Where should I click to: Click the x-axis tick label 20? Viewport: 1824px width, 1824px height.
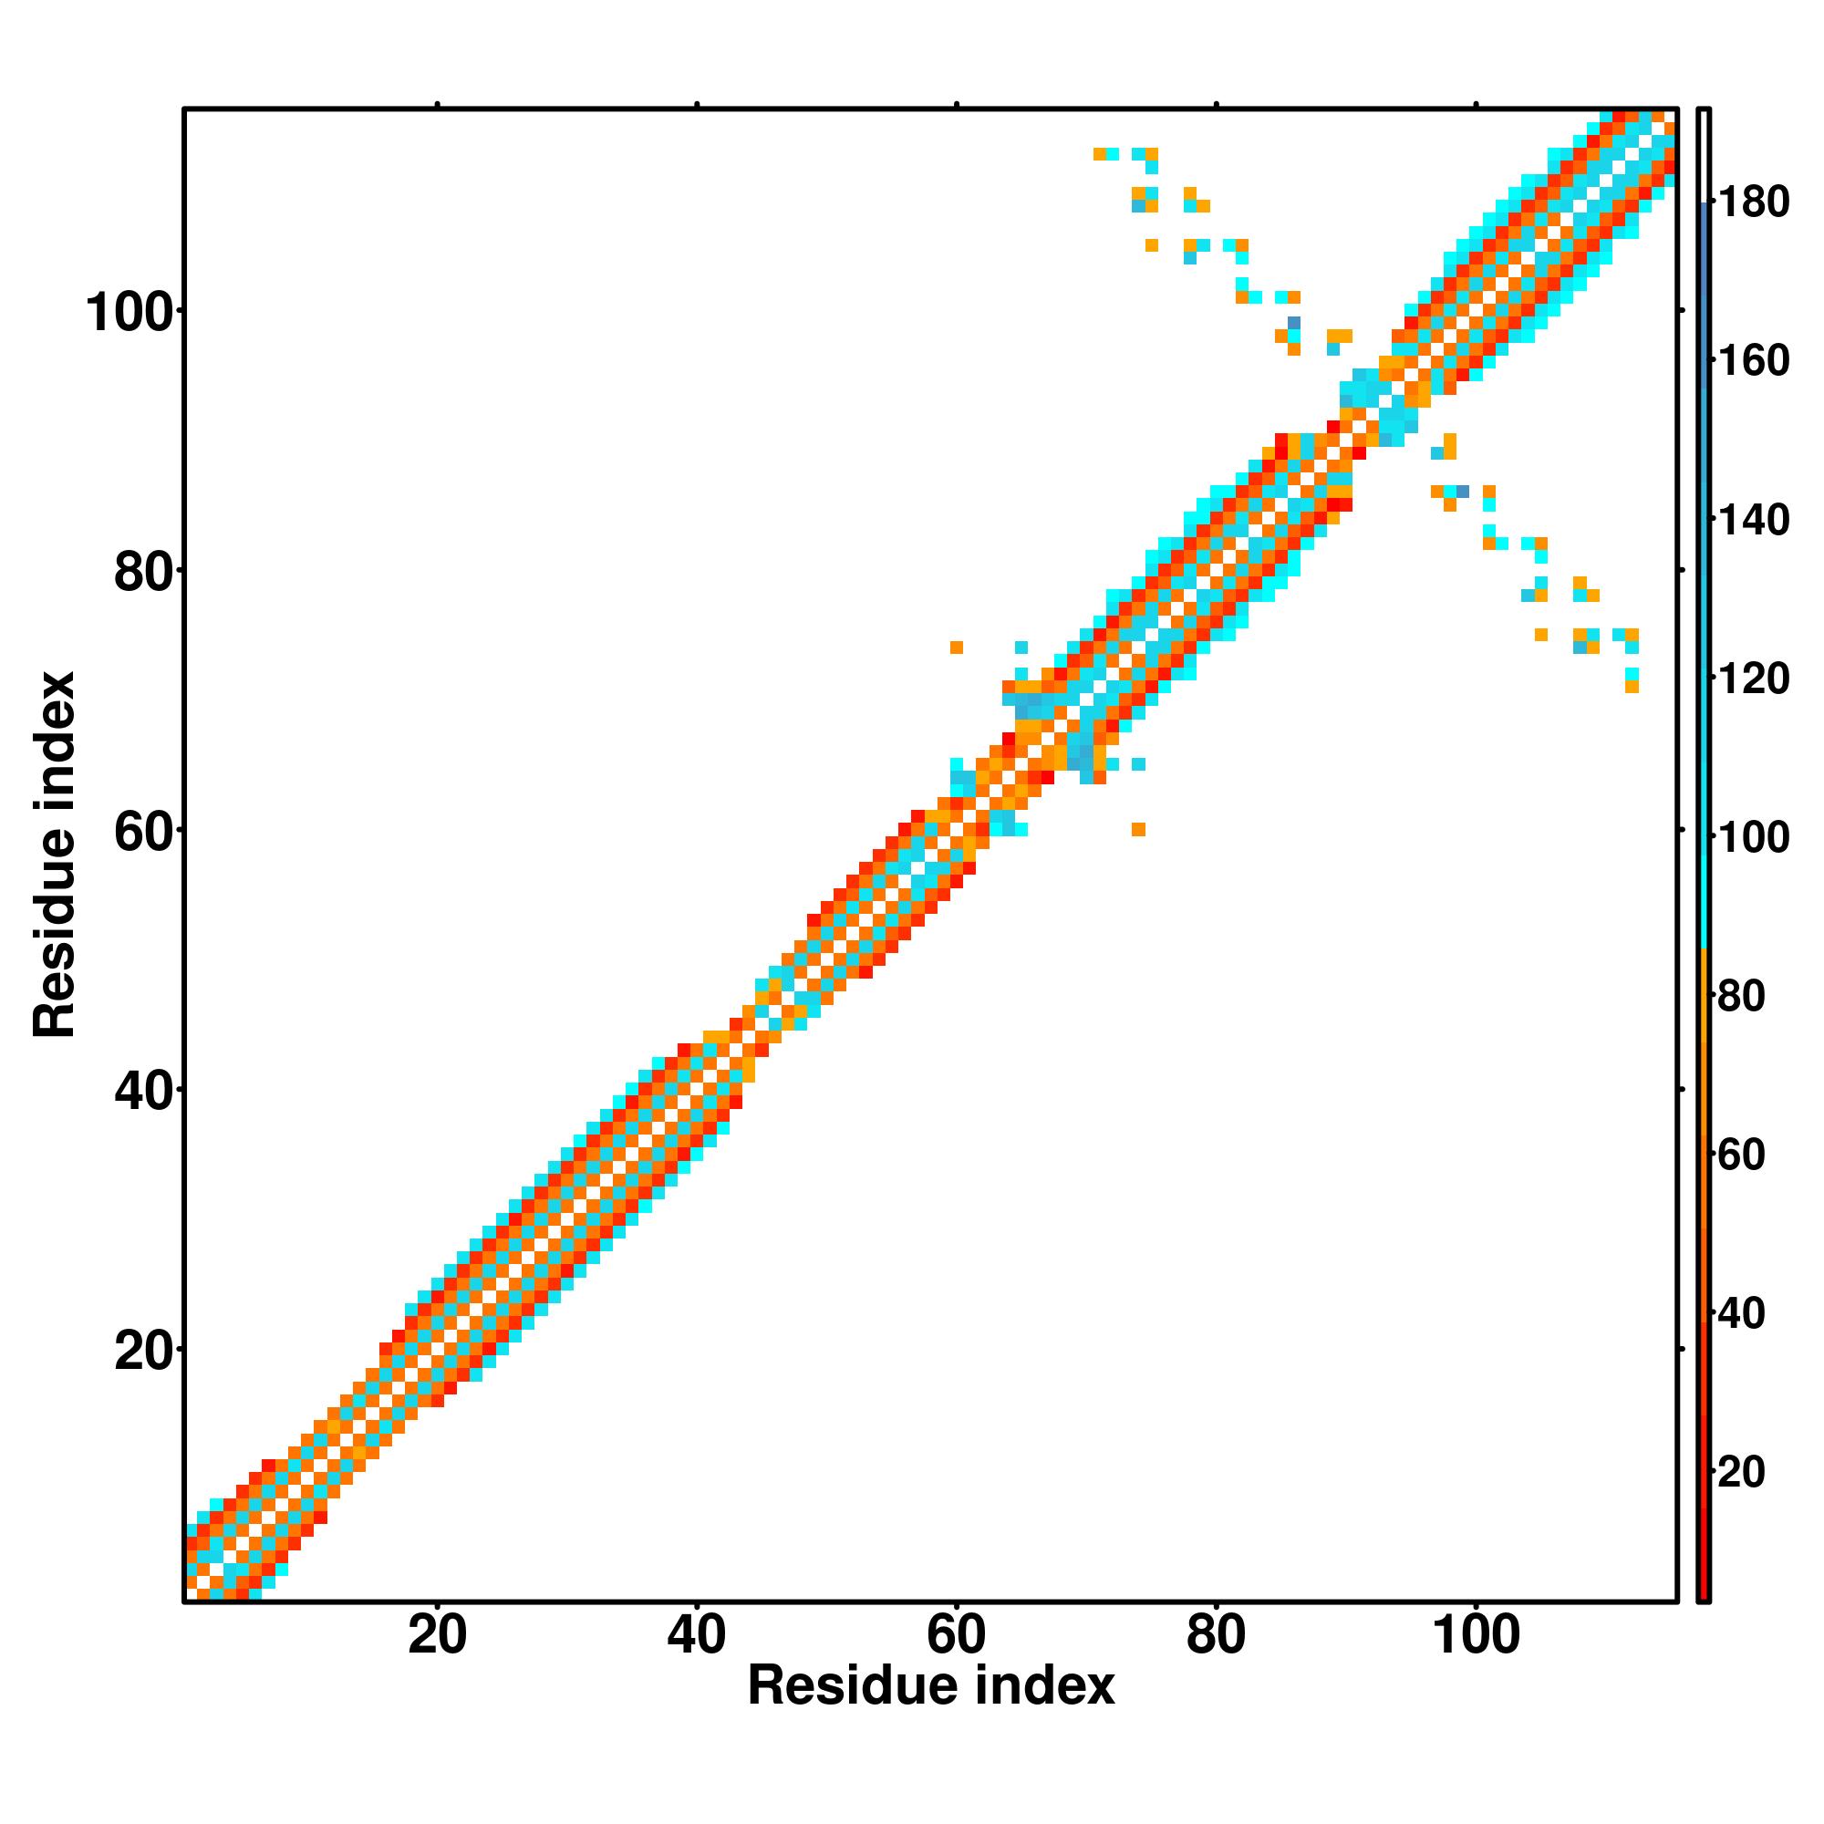(437, 1635)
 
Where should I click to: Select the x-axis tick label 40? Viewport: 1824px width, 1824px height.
(697, 1635)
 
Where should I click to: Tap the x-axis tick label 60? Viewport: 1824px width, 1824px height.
(957, 1635)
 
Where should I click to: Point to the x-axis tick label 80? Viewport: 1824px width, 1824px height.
(1216, 1635)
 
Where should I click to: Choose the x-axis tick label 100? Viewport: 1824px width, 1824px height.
(1476, 1635)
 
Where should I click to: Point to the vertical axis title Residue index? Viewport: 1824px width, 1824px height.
(54, 855)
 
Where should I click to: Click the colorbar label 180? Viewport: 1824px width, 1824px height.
(1753, 202)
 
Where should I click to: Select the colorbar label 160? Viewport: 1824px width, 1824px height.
(1753, 360)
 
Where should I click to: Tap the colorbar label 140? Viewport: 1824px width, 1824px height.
(1753, 520)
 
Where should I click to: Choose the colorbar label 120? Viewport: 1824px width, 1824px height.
(1753, 679)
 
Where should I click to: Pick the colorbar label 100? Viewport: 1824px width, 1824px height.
(1753, 837)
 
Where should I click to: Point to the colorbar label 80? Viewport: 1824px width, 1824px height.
(1741, 996)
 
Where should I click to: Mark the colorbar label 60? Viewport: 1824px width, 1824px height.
(1741, 1155)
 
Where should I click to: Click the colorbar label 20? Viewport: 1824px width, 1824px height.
(1741, 1472)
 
